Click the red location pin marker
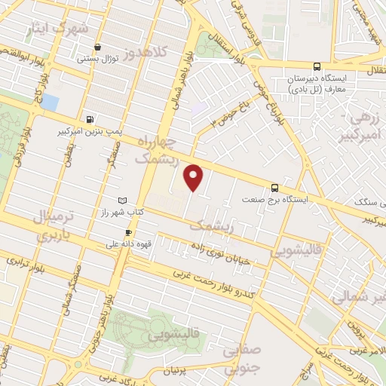click(x=195, y=178)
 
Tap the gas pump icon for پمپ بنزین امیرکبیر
click(x=91, y=118)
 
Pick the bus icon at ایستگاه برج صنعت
click(x=274, y=188)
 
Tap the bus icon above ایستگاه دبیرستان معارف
click(x=317, y=66)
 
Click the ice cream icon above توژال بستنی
click(x=97, y=47)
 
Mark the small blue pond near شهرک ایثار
click(x=50, y=102)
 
